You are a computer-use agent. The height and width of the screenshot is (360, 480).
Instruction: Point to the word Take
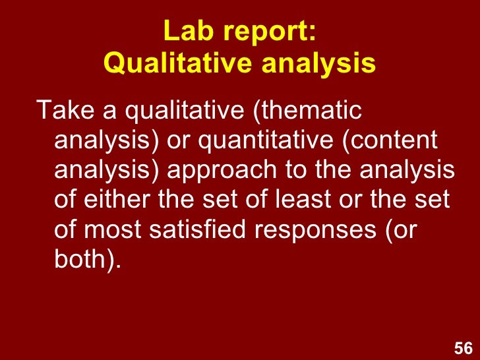click(x=61, y=111)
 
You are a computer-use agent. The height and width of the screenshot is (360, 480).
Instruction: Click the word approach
click(x=212, y=171)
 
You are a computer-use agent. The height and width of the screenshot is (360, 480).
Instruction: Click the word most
click(x=111, y=230)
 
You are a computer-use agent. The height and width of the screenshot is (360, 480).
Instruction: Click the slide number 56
click(x=464, y=349)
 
